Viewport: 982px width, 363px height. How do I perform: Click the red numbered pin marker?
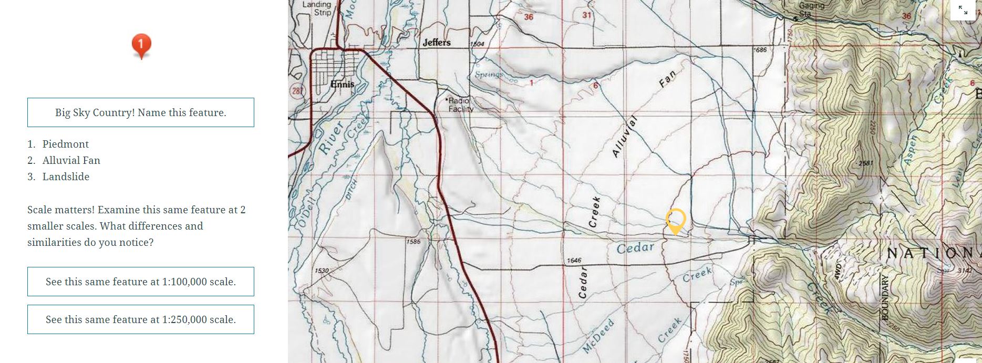coord(141,46)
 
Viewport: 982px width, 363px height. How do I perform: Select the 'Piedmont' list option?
coord(65,144)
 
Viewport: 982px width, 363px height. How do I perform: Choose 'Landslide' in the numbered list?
coord(66,177)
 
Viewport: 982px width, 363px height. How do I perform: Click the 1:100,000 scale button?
coord(141,282)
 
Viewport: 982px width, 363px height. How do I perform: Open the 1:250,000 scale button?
coord(141,319)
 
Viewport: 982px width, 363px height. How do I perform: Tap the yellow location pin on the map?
coord(676,220)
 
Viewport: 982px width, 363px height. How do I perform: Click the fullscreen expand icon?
coord(963,10)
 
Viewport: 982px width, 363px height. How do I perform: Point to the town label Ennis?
coord(343,84)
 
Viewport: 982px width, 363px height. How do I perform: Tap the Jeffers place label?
coord(437,43)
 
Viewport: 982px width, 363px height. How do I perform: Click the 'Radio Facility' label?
coord(461,105)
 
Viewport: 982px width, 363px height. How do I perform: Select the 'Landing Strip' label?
coord(317,8)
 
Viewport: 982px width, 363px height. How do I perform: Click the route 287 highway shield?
coord(297,91)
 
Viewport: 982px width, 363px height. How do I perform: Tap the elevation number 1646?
coord(574,261)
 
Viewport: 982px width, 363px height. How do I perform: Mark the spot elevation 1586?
coord(413,242)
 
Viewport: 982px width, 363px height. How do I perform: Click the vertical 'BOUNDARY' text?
coord(885,297)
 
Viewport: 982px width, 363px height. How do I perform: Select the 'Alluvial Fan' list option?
coord(71,160)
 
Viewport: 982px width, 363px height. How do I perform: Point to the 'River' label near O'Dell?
coord(331,138)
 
